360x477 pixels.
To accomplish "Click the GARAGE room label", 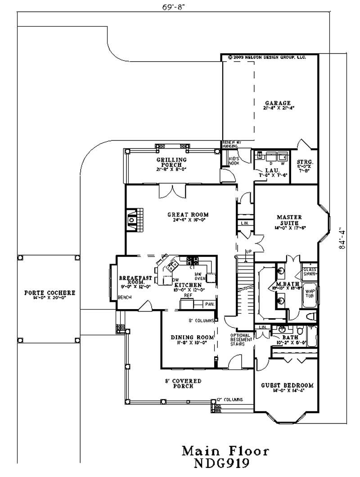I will (277, 103).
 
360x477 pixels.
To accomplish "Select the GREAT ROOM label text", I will (188, 215).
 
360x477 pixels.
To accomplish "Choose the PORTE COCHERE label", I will (49, 293).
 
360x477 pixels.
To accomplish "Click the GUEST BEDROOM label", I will (287, 385).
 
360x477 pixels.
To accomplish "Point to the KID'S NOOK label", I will (234, 160).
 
